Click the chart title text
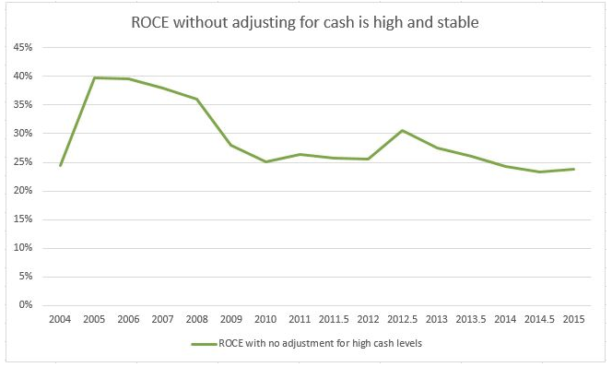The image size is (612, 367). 305,22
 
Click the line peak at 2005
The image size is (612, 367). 94,77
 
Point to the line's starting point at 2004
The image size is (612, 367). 60,166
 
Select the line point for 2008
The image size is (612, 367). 196,99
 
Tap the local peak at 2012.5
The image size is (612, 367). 403,130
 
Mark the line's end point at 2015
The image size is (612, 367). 573,169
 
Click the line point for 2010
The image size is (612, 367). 265,161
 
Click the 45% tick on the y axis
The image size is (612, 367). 23,47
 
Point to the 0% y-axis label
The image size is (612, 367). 26,305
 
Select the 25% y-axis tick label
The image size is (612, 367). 23,161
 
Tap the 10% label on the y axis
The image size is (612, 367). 23,247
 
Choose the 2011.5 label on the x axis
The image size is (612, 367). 334,319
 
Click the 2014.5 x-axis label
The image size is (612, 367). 539,319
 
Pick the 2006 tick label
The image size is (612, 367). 128,319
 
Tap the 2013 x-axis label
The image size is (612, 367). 436,319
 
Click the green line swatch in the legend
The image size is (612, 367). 204,344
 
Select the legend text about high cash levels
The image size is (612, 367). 321,344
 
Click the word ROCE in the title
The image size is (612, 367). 150,22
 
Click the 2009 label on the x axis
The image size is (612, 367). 231,319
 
